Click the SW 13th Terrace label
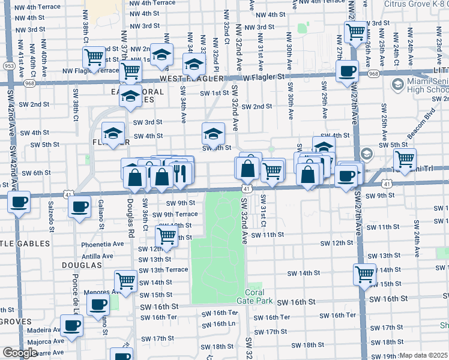click(163, 269)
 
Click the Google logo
click(20, 353)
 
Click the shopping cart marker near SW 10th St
click(166, 235)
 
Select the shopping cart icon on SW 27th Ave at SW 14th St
click(365, 274)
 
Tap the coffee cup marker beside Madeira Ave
click(71, 326)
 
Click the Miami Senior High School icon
click(397, 86)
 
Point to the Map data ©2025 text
click(424, 355)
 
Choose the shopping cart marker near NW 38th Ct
click(94, 58)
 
